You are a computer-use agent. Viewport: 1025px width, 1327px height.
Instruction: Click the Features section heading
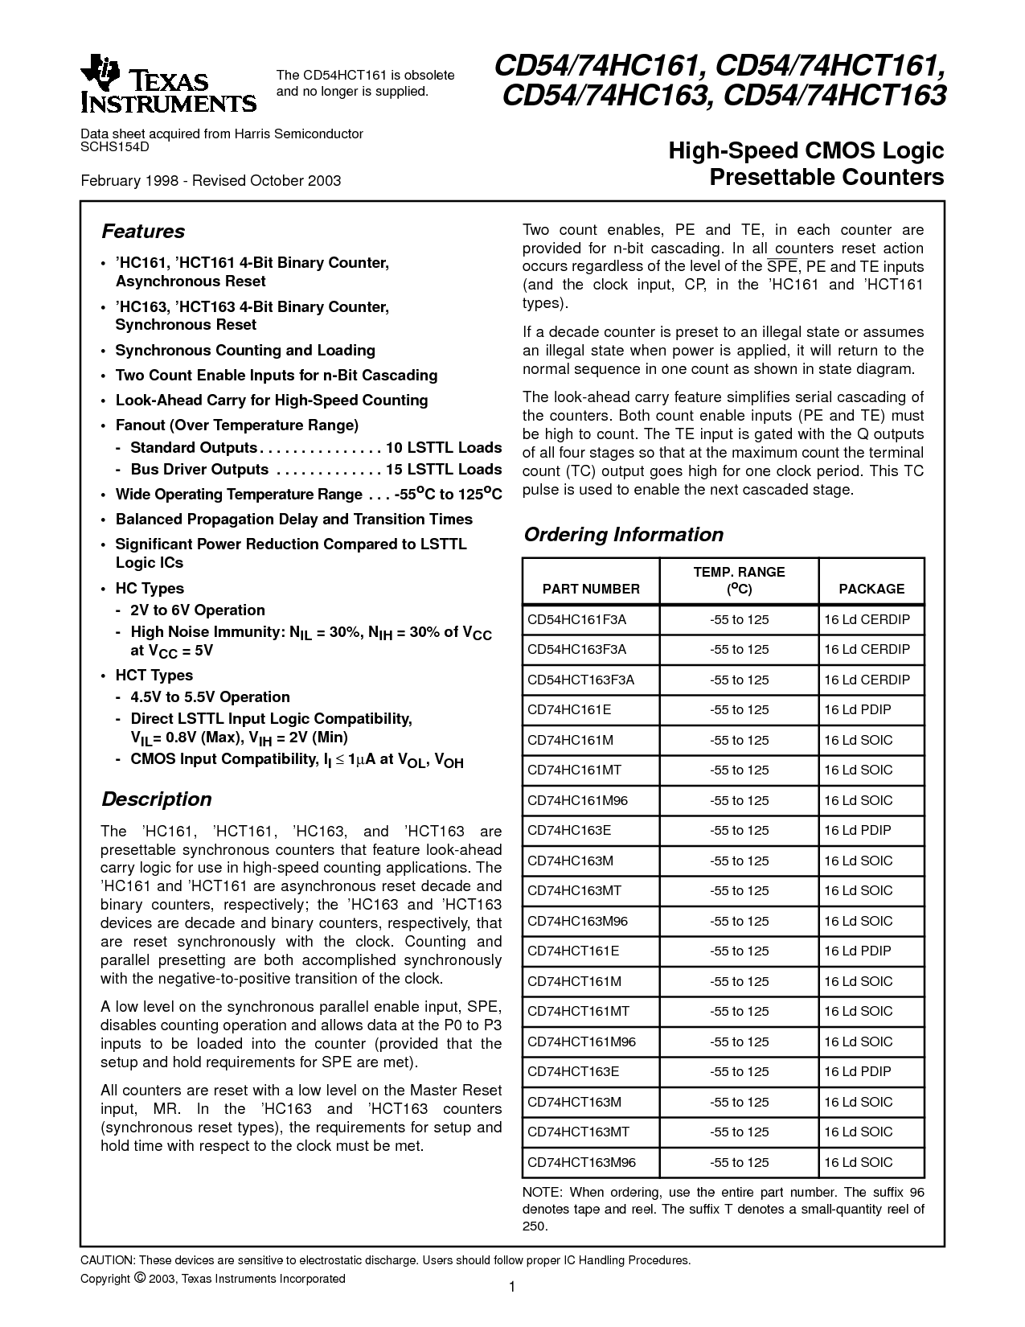tap(143, 232)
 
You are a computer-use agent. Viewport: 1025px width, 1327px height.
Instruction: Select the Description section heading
tap(156, 799)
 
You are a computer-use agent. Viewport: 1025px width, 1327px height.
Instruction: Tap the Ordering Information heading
tap(623, 535)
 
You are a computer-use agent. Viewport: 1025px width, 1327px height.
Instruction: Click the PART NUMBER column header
tap(591, 589)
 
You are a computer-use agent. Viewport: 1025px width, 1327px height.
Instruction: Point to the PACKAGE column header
tap(871, 589)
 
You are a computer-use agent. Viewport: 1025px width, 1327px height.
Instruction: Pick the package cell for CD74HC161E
tap(857, 709)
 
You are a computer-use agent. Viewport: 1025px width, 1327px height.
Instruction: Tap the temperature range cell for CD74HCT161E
tap(739, 951)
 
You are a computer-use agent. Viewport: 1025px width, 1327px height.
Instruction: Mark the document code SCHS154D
tap(115, 146)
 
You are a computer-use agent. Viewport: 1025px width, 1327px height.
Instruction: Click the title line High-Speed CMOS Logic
tap(806, 150)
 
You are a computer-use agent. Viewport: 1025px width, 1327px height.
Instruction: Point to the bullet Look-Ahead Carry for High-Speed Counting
tap(272, 401)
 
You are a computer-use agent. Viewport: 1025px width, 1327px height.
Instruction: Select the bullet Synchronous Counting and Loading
tap(245, 351)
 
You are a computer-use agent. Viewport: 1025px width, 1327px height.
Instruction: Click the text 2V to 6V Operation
tap(197, 610)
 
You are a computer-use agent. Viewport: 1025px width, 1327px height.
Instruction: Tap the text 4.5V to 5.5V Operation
tap(210, 697)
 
